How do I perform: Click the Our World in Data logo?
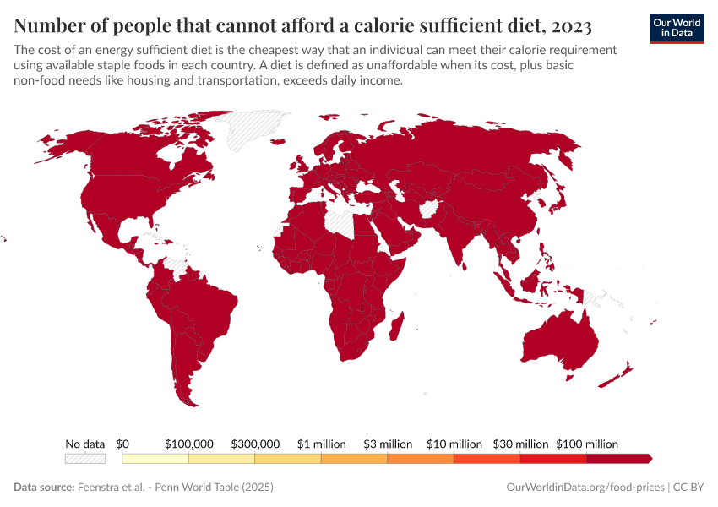tap(676, 28)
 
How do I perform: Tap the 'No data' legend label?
tap(85, 444)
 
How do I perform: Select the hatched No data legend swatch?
tap(85, 458)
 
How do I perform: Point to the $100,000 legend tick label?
tap(189, 444)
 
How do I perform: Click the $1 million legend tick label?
tap(322, 444)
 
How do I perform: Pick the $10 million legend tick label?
tap(454, 444)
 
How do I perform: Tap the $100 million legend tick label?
tap(587, 444)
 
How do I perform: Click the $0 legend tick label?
tap(122, 444)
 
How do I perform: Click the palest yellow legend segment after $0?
tap(155, 458)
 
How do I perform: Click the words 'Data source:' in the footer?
tap(44, 488)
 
